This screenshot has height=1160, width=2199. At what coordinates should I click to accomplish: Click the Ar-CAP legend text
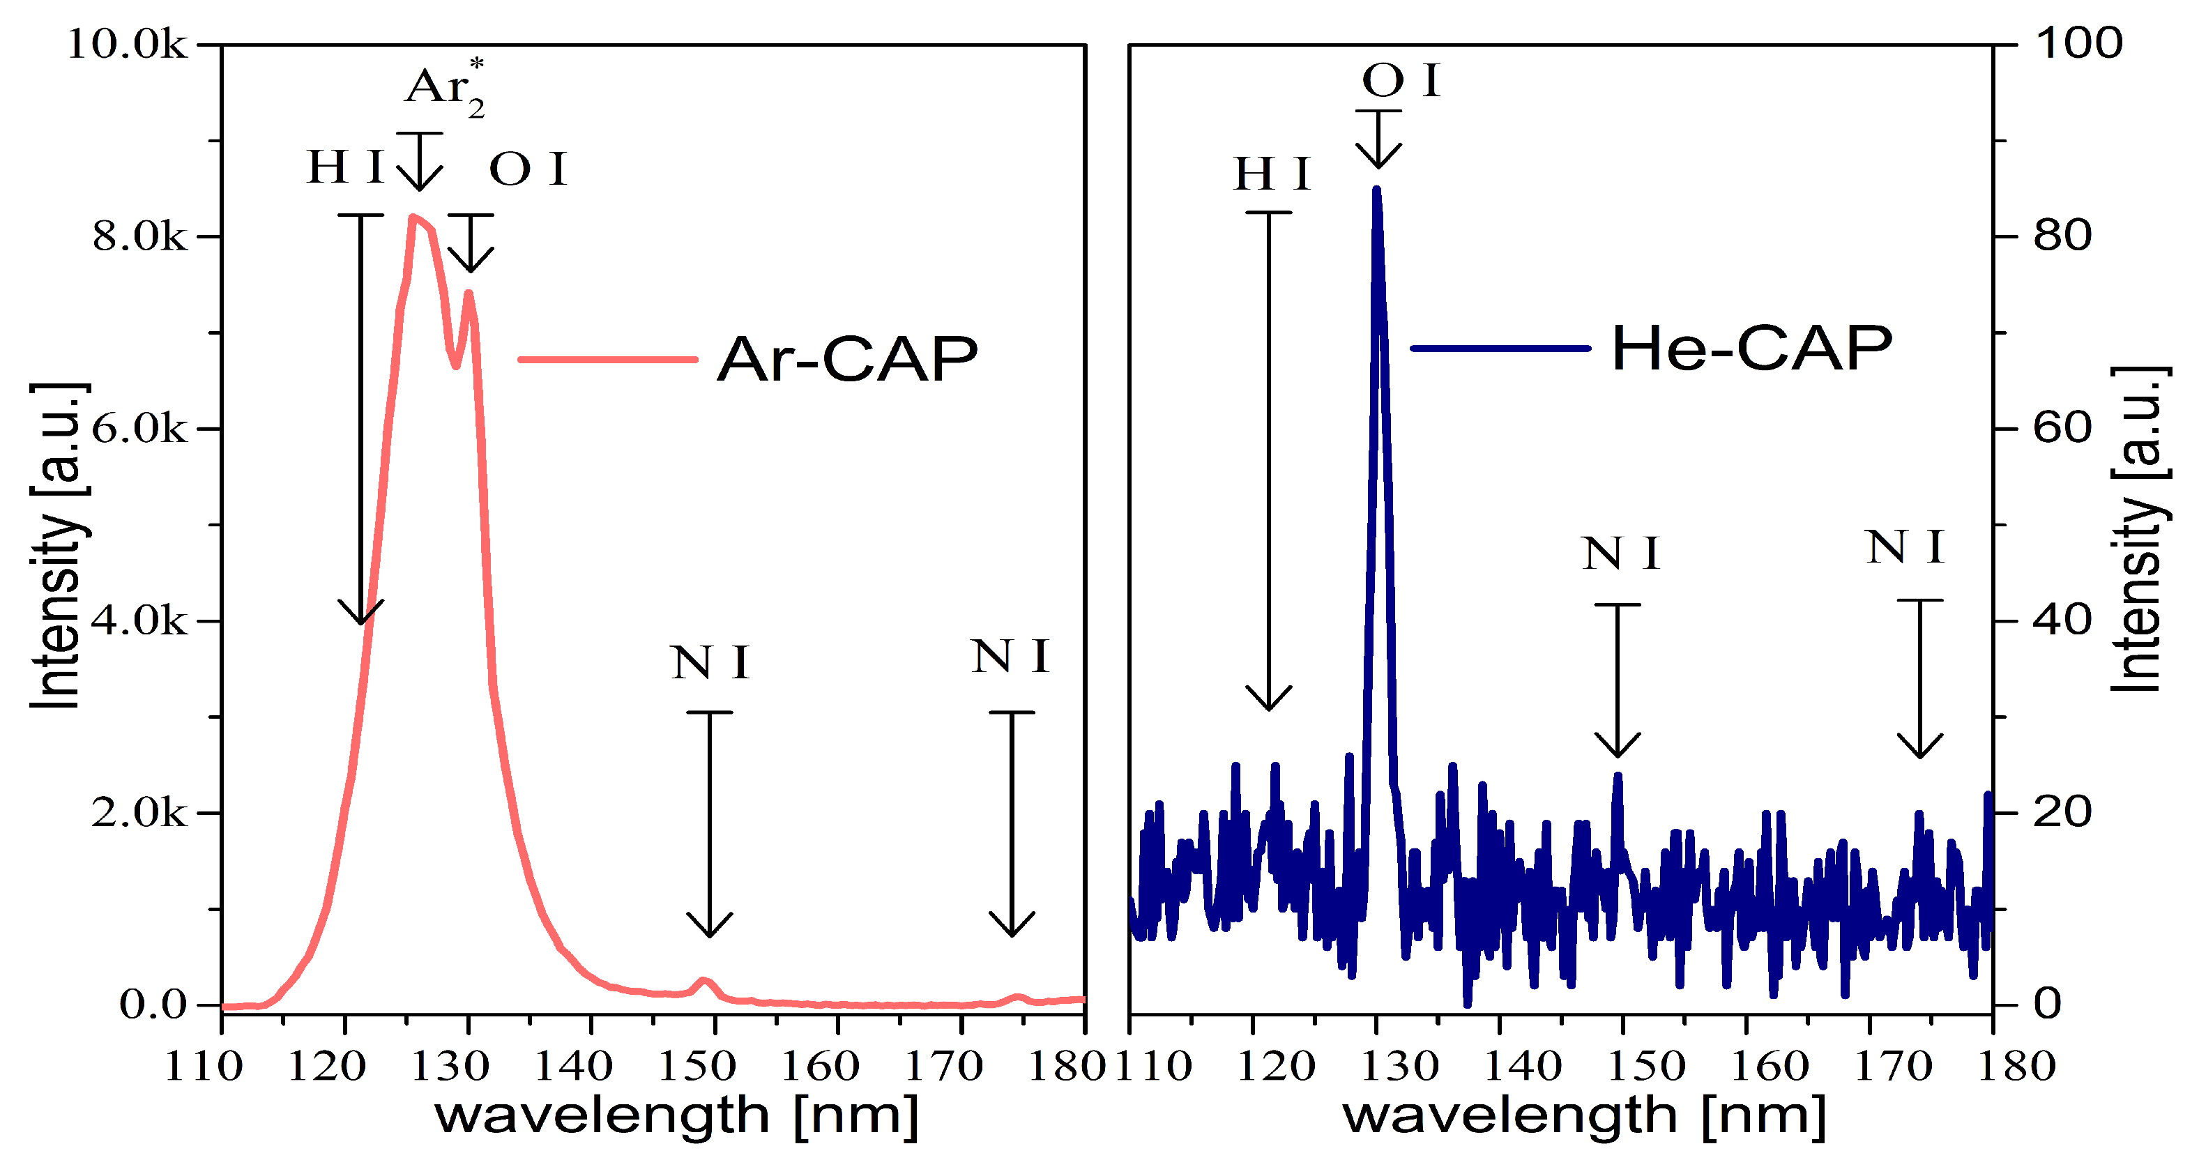[x=847, y=358]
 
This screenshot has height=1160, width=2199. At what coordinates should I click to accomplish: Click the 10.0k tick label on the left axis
[x=126, y=45]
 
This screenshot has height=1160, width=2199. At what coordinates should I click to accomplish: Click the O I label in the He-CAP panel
[x=1401, y=81]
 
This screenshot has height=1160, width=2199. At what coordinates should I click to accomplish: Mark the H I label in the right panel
[x=1272, y=174]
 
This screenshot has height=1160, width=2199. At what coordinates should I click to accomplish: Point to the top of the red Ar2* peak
[x=413, y=217]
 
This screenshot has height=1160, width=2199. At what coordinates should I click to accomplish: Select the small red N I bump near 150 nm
[x=703, y=981]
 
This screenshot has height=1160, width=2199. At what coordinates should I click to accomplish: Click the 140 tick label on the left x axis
[x=573, y=1066]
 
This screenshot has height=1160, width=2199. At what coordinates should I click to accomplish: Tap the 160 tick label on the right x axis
[x=1769, y=1066]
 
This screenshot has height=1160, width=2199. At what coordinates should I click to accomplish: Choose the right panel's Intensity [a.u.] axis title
[x=2138, y=529]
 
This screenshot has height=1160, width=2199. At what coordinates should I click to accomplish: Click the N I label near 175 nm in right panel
[x=1905, y=547]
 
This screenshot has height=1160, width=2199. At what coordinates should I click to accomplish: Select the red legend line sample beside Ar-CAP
[x=608, y=359]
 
